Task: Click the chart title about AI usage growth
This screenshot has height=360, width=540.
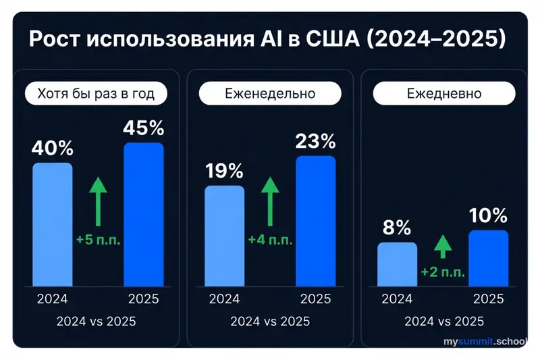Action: (267, 38)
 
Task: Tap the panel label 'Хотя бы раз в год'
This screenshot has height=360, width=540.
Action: (96, 93)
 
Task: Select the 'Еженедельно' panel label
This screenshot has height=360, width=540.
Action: (269, 93)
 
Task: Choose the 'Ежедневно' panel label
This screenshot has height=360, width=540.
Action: (443, 93)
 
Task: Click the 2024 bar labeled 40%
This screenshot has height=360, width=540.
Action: (53, 224)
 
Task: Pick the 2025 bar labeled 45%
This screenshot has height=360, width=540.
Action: (144, 213)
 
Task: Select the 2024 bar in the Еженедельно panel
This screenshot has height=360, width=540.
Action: (225, 235)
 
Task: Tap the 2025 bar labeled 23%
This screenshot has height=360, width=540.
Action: (316, 220)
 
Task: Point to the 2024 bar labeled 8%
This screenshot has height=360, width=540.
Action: (397, 263)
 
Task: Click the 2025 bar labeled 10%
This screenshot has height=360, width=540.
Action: (488, 257)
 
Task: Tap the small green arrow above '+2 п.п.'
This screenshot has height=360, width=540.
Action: (443, 246)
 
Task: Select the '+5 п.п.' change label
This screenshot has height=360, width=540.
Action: (99, 240)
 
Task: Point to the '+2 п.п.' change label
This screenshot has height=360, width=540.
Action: (443, 272)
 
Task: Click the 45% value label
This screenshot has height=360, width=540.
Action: (144, 128)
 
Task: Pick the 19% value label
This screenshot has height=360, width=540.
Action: (225, 171)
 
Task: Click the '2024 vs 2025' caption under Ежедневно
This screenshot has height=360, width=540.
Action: (443, 321)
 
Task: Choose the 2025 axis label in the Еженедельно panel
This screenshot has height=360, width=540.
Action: (316, 299)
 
